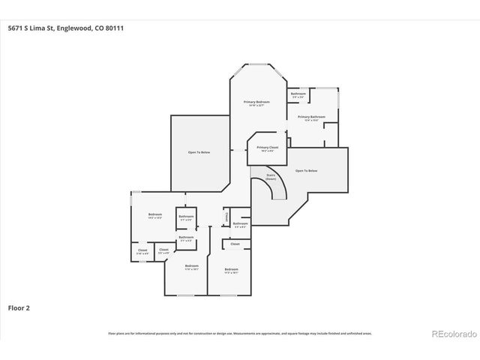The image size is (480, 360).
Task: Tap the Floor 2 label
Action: coord(18,307)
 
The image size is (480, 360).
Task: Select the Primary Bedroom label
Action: coord(256,101)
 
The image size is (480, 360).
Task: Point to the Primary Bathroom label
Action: coord(311,117)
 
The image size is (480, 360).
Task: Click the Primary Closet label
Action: coord(262,147)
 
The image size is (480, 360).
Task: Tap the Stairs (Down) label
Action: coord(271,178)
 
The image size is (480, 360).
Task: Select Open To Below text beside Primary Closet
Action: coord(307,171)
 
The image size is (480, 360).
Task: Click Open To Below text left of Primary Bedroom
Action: coord(199,152)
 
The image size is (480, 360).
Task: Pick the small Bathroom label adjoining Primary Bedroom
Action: coord(298,94)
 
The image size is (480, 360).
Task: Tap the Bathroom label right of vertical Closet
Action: coord(240,223)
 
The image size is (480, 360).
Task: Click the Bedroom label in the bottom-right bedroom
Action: coord(231,268)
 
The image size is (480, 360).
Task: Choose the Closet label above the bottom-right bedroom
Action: coord(235,244)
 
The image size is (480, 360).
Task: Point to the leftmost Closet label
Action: coord(142,250)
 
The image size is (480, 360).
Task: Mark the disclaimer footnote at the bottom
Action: coord(240,333)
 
